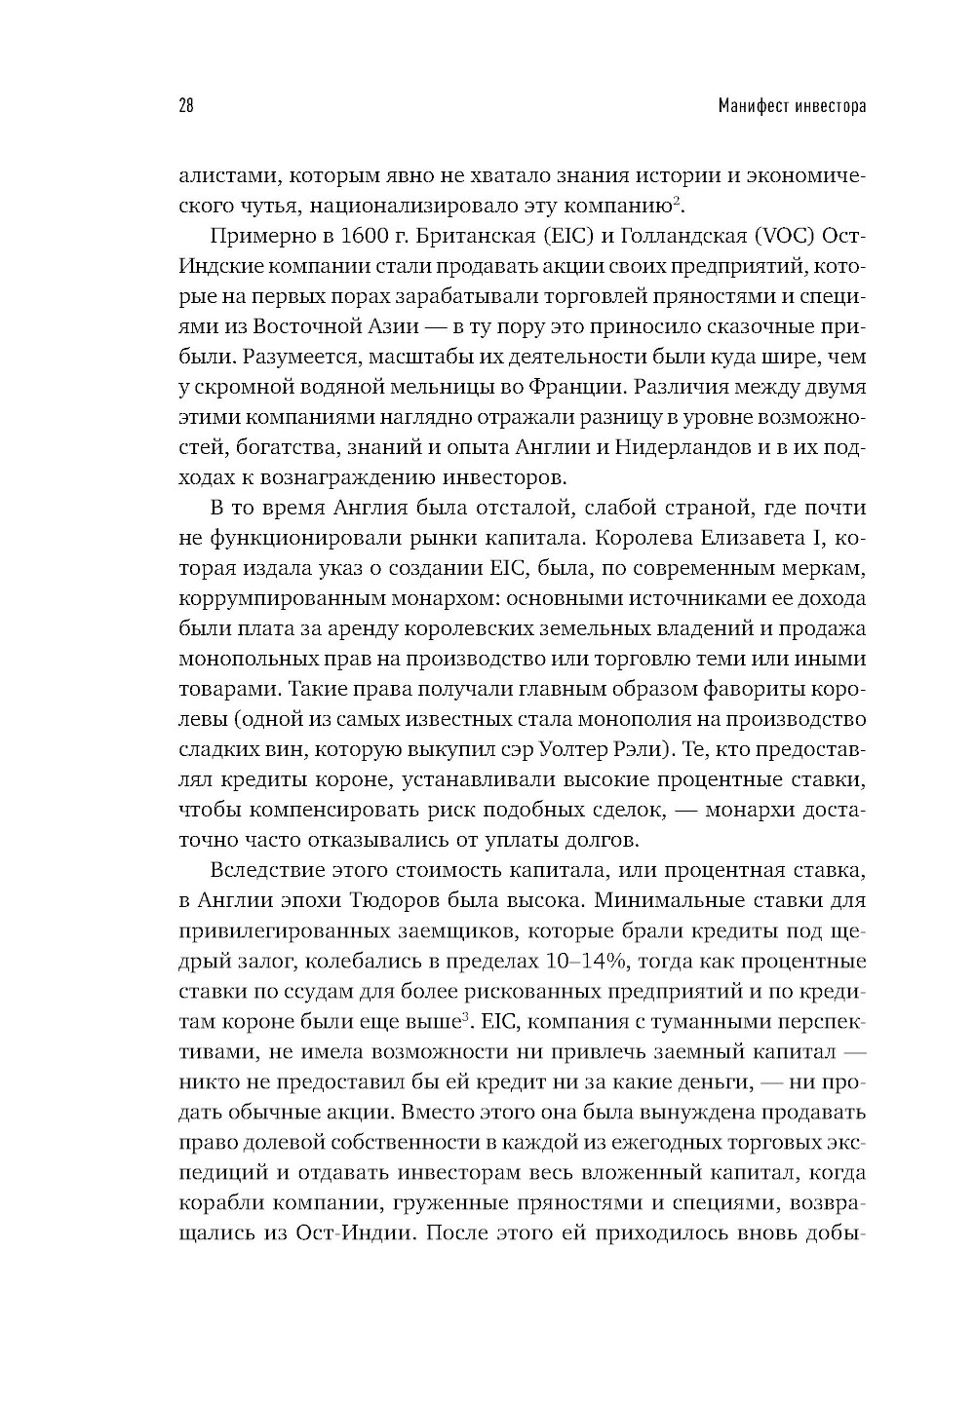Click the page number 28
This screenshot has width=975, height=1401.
(x=186, y=105)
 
